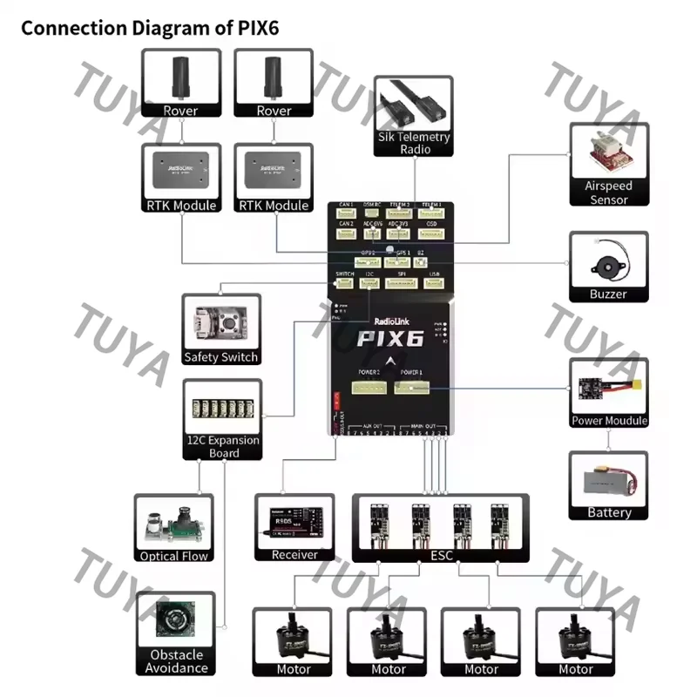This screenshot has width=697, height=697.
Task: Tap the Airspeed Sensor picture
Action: pyautogui.click(x=608, y=154)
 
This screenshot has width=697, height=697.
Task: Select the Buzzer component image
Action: pyautogui.click(x=608, y=259)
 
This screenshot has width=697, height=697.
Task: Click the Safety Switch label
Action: pyautogui.click(x=221, y=357)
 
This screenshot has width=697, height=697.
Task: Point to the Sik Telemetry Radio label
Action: pyautogui.click(x=415, y=143)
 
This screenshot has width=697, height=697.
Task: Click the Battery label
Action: pyautogui.click(x=609, y=512)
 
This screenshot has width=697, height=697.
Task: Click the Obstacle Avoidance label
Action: pyautogui.click(x=177, y=661)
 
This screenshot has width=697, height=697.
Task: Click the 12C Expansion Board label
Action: pyautogui.click(x=222, y=446)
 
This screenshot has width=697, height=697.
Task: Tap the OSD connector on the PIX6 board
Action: pyautogui.click(x=431, y=233)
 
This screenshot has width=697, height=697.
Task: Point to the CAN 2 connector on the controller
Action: pyautogui.click(x=346, y=233)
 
